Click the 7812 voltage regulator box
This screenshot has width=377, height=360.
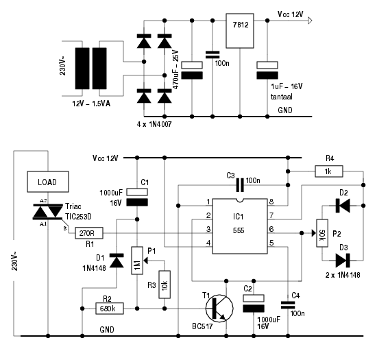(x=240, y=31)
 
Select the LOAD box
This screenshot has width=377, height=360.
(x=48, y=182)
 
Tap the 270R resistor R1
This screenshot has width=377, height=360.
(x=89, y=233)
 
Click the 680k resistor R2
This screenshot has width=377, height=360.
(x=110, y=309)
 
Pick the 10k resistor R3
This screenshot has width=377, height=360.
(x=165, y=285)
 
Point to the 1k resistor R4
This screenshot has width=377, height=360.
(x=329, y=171)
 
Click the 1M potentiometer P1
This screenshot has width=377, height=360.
(x=137, y=261)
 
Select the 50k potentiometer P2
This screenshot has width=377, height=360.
(x=322, y=233)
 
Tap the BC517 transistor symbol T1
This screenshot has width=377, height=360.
(x=219, y=309)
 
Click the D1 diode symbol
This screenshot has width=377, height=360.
(x=117, y=261)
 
